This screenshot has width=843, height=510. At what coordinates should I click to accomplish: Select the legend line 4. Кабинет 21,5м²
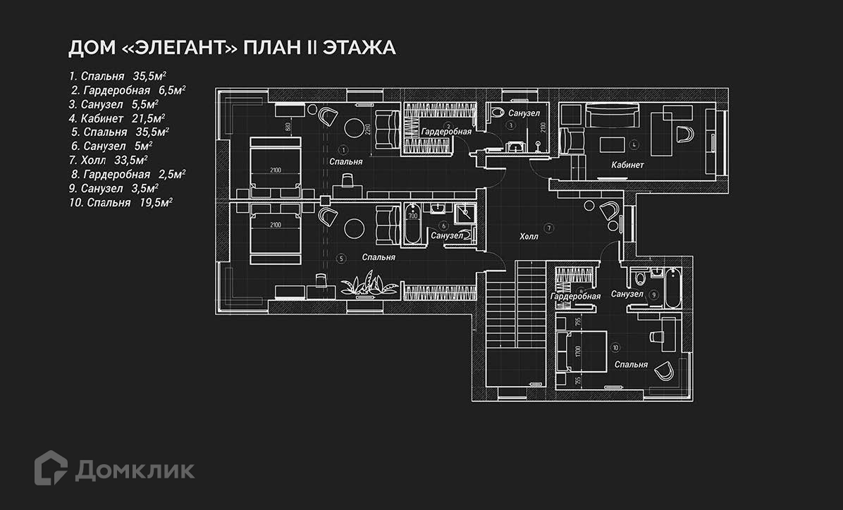click(x=117, y=118)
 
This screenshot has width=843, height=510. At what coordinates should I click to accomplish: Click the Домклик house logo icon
click(x=51, y=468)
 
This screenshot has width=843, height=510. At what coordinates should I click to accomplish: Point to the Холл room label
click(x=528, y=237)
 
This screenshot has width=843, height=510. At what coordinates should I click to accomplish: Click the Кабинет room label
click(x=628, y=165)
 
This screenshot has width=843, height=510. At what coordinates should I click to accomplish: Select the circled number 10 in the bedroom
click(x=615, y=347)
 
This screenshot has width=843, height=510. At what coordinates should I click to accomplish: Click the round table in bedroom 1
click(x=352, y=127)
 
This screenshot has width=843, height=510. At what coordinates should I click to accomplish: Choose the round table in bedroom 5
click(x=352, y=228)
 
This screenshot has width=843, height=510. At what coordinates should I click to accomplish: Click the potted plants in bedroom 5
click(x=367, y=286)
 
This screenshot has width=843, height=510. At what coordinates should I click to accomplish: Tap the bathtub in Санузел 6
click(x=413, y=225)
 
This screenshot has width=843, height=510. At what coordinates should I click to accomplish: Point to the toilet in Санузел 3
click(x=497, y=112)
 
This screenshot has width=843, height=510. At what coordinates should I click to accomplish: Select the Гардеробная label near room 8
click(x=575, y=297)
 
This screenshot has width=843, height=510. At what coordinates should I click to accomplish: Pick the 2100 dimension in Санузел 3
click(x=542, y=127)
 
